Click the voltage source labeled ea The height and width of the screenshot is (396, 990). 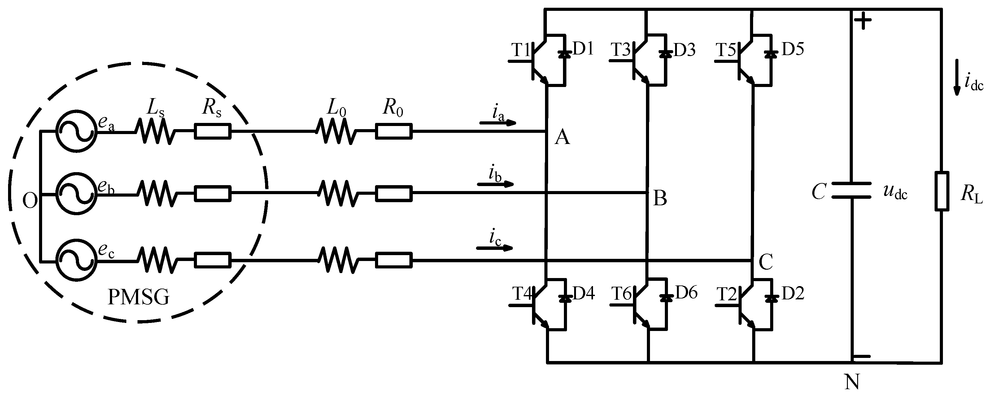(76, 131)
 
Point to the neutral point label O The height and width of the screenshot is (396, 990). (30, 201)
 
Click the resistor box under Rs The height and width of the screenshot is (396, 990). (212, 131)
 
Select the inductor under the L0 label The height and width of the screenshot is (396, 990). (336, 131)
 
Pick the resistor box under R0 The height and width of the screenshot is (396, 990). (394, 131)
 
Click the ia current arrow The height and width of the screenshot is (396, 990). (498, 123)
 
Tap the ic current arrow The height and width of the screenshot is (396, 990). (495, 248)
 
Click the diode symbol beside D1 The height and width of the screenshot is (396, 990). (564, 54)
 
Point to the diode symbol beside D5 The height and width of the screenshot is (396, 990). (769, 54)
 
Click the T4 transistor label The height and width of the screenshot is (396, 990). (522, 294)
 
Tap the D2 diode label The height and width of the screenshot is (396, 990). (793, 294)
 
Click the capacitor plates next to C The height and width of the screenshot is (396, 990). (851, 190)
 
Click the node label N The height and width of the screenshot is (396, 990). (852, 382)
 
